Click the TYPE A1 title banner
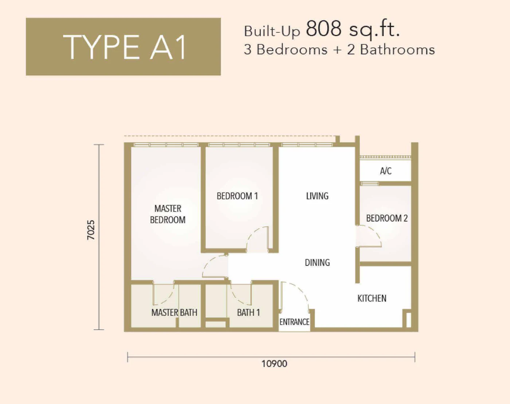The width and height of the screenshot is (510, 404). tap(123, 47)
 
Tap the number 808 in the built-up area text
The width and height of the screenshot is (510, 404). tap(324, 28)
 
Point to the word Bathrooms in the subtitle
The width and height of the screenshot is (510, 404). tap(397, 50)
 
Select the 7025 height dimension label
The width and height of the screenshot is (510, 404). tap(91, 230)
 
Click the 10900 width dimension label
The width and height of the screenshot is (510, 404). tap(274, 364)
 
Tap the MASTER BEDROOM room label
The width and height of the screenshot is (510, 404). tap(168, 214)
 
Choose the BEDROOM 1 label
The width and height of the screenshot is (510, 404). tap(237, 196)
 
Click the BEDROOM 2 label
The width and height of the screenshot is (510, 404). tap(387, 218)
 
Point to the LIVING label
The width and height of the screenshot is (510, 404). tap(317, 196)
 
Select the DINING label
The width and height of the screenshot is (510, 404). tap(317, 262)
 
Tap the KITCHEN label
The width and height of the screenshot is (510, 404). tap(372, 298)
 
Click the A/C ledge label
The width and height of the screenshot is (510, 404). tap(386, 171)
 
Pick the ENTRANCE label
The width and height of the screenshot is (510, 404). tap(294, 322)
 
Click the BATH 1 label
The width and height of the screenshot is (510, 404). tap(248, 313)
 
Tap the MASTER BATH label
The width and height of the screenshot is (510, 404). tap(174, 313)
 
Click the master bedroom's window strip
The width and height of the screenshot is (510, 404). tap(166, 145)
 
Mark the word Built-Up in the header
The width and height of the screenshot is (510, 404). tap(272, 32)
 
